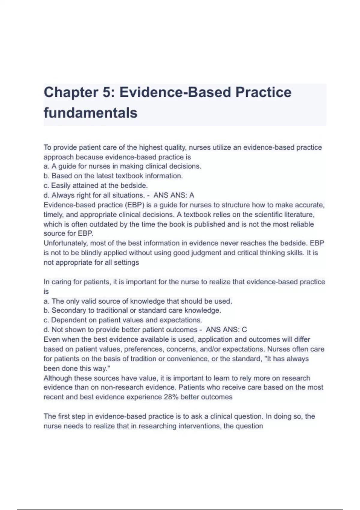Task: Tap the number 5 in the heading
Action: coord(106,92)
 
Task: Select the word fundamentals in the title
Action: coord(90,113)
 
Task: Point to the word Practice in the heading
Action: coord(263,92)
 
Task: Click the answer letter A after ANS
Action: coord(192,195)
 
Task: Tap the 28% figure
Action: coord(171,397)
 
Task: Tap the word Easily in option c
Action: coord(60,185)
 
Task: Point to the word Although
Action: coord(58,378)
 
